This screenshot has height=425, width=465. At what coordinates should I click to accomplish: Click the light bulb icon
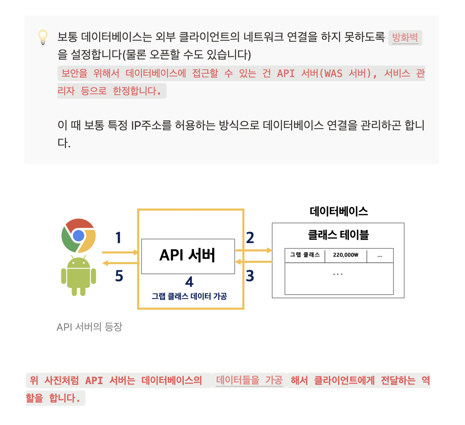tap(43, 37)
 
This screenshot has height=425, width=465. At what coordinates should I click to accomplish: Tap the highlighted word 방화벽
tap(405, 38)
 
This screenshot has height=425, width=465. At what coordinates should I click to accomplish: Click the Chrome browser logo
tap(78, 236)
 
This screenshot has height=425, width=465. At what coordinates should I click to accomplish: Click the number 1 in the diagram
tap(118, 238)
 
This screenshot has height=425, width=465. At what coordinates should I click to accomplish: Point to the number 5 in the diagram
tap(119, 276)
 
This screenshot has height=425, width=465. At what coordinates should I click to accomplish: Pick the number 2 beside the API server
tap(250, 238)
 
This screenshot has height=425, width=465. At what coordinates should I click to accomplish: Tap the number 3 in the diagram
tap(250, 276)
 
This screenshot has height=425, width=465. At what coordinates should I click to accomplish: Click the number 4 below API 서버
tap(189, 282)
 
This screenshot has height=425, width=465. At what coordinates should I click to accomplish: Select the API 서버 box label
tap(188, 255)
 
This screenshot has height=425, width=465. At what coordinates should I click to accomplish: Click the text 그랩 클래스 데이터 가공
tap(189, 296)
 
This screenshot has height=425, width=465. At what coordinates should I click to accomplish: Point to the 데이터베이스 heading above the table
tap(339, 211)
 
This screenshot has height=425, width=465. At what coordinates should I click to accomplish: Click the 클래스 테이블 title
tap(338, 235)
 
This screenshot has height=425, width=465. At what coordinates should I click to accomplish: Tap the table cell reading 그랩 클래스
tap(305, 255)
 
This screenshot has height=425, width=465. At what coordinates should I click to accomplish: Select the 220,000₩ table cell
tap(346, 255)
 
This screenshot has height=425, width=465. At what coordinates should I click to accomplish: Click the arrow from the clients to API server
tap(120, 252)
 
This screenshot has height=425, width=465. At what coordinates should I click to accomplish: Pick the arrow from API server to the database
tap(254, 250)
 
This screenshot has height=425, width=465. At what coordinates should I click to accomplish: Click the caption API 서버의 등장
tap(90, 327)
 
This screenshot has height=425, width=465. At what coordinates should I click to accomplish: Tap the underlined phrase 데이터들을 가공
tap(249, 380)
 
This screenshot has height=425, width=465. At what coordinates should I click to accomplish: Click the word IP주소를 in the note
tap(151, 125)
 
